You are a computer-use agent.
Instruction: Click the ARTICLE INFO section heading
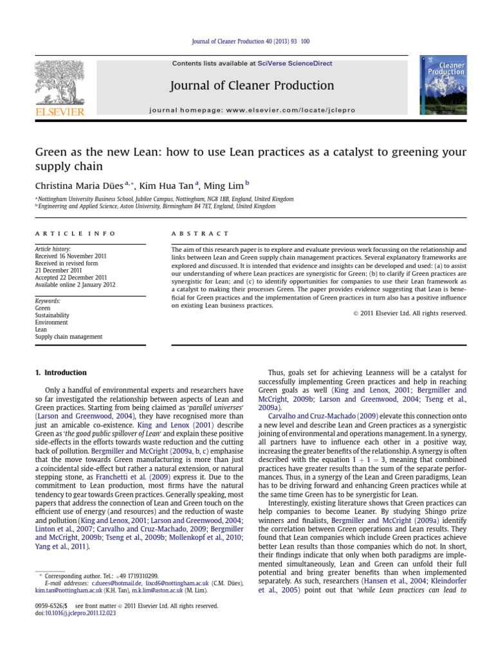pos(75,233)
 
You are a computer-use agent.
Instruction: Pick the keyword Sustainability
pos(54,316)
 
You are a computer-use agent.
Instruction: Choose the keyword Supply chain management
pos(68,337)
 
